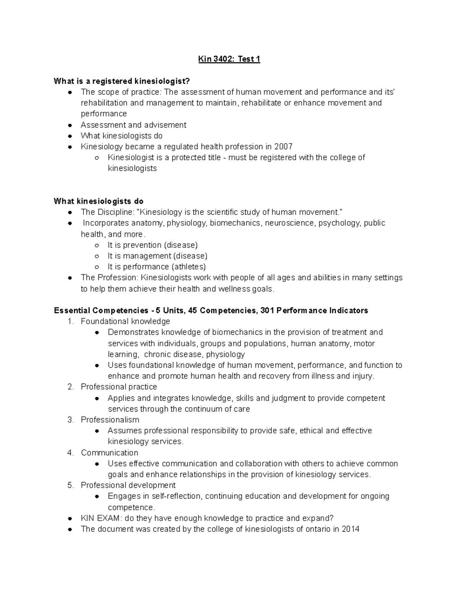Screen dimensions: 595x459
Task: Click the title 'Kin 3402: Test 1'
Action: click(229, 59)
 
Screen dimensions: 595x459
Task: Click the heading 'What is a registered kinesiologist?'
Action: click(122, 81)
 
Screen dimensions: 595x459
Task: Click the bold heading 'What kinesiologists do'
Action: click(99, 201)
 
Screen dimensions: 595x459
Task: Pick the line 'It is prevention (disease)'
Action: click(153, 245)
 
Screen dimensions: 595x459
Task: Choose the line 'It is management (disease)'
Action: click(157, 256)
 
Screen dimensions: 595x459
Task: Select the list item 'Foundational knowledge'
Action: click(125, 321)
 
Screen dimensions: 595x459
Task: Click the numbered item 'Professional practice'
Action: click(119, 387)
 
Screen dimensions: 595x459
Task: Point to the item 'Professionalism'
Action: click(110, 420)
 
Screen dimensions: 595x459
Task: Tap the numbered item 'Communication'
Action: click(109, 452)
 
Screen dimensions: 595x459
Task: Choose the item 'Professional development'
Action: click(128, 485)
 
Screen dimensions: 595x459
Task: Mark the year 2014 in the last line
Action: click(350, 529)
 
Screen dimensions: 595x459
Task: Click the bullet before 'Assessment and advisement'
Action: click(70, 125)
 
